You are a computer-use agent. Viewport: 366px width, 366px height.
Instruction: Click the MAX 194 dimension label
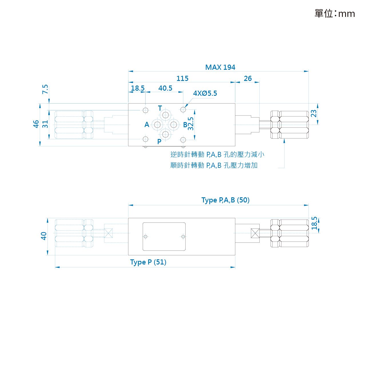[x=220, y=67]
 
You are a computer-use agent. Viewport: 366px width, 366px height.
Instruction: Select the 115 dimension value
[x=182, y=78]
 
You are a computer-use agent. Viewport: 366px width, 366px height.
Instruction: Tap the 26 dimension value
[x=248, y=78]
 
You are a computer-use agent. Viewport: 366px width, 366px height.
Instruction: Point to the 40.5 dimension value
[x=165, y=88]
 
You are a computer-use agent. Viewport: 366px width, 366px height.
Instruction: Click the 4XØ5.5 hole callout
[x=205, y=93]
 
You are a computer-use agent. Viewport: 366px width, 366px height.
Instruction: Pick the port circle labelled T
[x=166, y=115]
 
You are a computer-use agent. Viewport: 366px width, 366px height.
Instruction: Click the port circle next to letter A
[x=157, y=125]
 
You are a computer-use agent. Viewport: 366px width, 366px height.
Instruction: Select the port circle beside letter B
[x=174, y=125]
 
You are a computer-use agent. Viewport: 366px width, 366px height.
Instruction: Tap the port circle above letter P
[x=166, y=134]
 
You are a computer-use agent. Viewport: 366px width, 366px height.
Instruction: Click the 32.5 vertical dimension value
[x=190, y=124]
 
